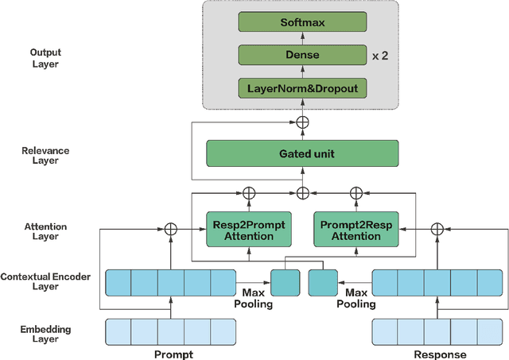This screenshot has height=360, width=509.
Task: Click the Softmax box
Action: [x=303, y=24]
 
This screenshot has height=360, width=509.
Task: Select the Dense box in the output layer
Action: [x=303, y=56]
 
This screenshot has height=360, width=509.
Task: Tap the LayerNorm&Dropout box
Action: [x=303, y=87]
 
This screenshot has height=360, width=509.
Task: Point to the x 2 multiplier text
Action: [x=381, y=56]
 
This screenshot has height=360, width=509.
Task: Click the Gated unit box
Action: [x=302, y=153]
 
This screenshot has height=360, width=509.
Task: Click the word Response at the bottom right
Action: [x=439, y=354]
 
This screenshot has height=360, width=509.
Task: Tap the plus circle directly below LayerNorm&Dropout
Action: [x=302, y=122]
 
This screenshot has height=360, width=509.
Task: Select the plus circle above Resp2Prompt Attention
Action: [x=248, y=192]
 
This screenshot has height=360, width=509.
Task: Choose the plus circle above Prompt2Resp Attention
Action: [x=356, y=192]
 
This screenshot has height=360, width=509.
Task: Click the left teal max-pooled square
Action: [x=285, y=282]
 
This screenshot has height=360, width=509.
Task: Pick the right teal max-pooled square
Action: [x=321, y=282]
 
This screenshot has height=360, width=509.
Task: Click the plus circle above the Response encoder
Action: [x=437, y=230]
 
